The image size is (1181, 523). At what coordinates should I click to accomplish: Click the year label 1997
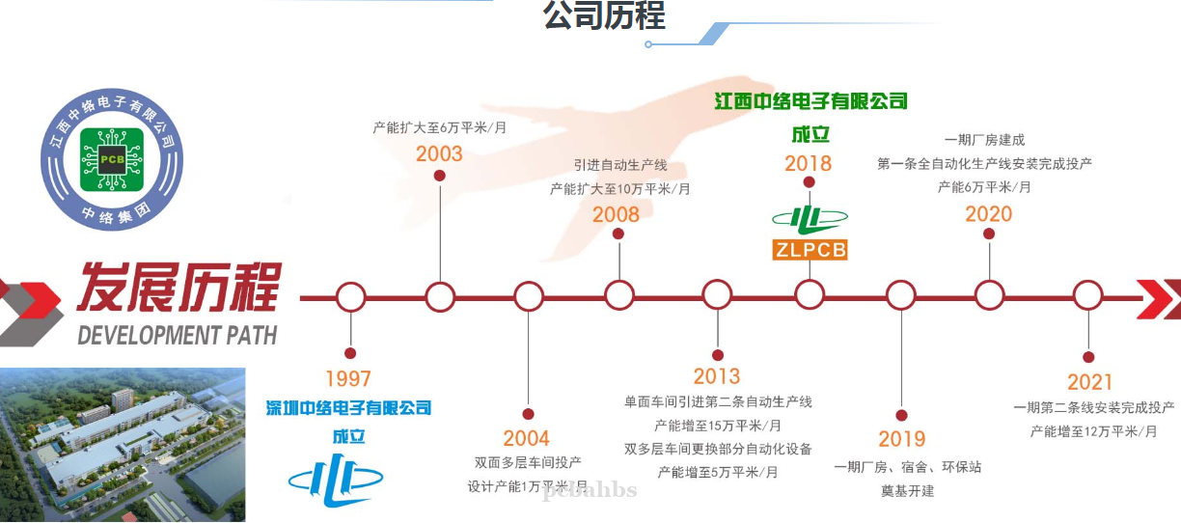tap(348, 379)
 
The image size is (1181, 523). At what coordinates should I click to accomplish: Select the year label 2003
tap(439, 153)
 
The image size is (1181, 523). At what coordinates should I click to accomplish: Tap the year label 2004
tap(526, 438)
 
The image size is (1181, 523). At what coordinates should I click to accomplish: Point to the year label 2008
tap(616, 214)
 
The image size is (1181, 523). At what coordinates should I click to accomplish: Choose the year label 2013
tap(717, 376)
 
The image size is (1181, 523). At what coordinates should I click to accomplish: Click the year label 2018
tap(809, 163)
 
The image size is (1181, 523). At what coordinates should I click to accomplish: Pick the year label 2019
tap(901, 439)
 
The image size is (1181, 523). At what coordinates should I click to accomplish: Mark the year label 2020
tap(989, 214)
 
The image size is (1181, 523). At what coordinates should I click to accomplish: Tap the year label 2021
tap(1089, 382)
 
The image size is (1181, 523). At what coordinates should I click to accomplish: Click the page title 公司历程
tap(605, 16)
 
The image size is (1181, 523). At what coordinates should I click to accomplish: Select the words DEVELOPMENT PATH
tap(177, 336)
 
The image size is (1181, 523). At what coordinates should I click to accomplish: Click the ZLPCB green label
tap(810, 250)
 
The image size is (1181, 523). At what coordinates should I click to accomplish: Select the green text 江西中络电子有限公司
tap(810, 100)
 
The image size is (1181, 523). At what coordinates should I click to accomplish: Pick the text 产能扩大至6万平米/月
tap(440, 126)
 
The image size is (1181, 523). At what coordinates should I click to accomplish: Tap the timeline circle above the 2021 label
tap(1087, 296)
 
